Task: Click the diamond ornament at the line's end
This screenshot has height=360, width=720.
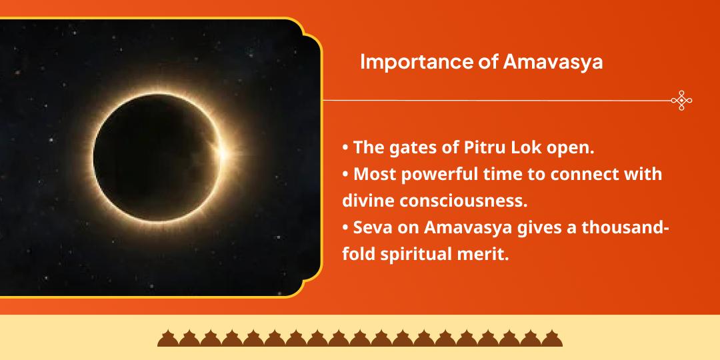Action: pyautogui.click(x=681, y=100)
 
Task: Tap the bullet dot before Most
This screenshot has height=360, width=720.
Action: pyautogui.click(x=345, y=175)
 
